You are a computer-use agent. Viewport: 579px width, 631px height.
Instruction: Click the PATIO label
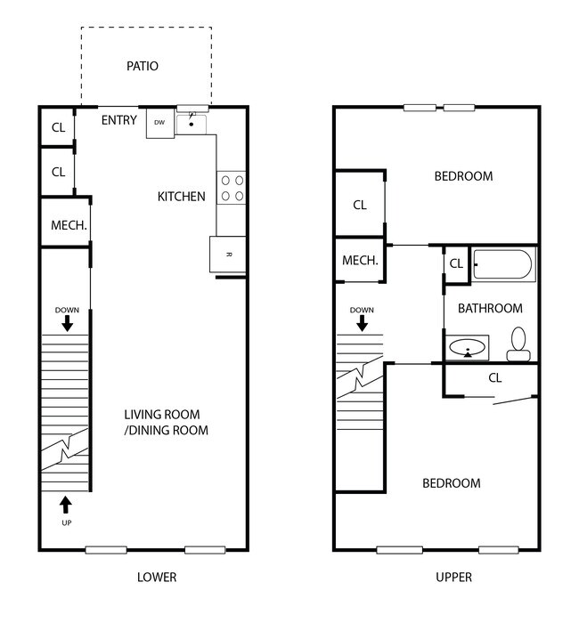(143, 66)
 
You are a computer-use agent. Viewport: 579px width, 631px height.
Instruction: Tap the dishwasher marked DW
(160, 123)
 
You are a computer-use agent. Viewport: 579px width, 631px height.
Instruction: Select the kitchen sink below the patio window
(192, 124)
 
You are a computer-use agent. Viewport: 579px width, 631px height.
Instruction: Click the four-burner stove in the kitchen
(231, 188)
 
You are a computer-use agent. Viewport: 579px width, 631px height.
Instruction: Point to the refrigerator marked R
(228, 254)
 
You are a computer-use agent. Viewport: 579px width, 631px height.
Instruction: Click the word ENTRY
(118, 120)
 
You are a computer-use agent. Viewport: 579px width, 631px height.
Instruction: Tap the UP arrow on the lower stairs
(66, 505)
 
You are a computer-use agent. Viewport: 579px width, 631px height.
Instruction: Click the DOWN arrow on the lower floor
(67, 323)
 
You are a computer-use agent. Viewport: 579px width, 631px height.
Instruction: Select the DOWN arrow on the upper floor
(362, 323)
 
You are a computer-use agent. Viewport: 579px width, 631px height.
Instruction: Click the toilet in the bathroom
(518, 344)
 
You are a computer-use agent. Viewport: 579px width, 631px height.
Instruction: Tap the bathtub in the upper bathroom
(503, 264)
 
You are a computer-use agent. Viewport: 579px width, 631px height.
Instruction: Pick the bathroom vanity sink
(468, 347)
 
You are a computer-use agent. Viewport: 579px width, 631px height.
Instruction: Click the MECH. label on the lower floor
(69, 225)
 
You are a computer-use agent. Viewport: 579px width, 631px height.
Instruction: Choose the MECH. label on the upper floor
(360, 261)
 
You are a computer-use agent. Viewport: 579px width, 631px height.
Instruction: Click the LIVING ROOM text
(162, 415)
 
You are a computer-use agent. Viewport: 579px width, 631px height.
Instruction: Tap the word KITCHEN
(181, 197)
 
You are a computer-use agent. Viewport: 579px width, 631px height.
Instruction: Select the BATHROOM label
(490, 308)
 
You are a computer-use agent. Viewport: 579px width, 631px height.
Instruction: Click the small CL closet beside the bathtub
(456, 263)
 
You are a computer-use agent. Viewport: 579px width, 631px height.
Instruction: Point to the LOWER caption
(157, 577)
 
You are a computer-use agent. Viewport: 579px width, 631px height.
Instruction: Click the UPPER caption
(453, 577)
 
